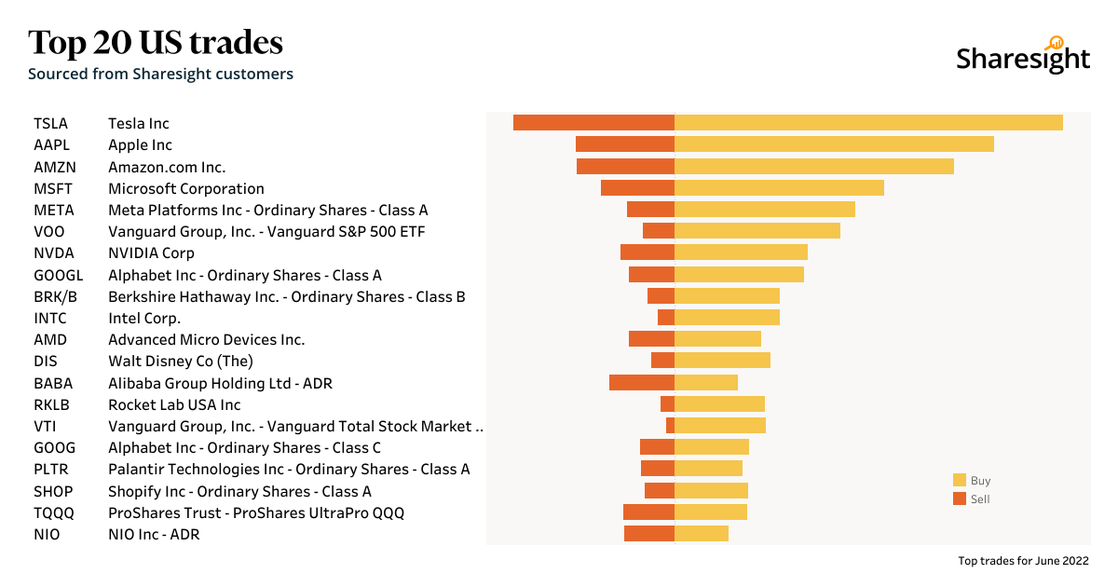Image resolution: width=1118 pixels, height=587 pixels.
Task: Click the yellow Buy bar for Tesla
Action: [x=868, y=123]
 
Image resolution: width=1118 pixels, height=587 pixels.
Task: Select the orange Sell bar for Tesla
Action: [x=593, y=123]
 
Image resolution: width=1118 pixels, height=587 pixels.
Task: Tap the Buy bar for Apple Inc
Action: [x=834, y=144]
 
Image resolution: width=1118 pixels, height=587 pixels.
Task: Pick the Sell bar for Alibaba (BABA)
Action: [x=642, y=383]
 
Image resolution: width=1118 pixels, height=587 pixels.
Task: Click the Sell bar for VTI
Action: [x=670, y=426]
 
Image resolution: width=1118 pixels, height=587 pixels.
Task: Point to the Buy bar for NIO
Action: [x=702, y=534]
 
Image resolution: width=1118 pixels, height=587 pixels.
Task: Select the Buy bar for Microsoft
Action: [x=779, y=188]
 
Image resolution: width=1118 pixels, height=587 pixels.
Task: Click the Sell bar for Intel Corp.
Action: [x=666, y=318]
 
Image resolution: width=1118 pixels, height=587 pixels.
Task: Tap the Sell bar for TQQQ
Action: [x=648, y=512]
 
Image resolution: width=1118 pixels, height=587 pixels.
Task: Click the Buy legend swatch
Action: [x=960, y=481]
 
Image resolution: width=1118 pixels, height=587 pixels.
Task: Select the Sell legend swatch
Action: [x=960, y=498]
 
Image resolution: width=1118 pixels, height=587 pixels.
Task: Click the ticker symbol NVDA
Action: [x=54, y=253]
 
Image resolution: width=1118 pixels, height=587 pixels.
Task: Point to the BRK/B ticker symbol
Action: [x=55, y=296]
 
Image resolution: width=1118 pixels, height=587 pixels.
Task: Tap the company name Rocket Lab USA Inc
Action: [x=174, y=404]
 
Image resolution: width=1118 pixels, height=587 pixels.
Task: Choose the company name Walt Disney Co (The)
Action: [x=181, y=362]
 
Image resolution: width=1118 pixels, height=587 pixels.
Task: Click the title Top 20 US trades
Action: [x=156, y=43]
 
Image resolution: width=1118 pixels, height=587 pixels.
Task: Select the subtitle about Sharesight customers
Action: [x=160, y=74]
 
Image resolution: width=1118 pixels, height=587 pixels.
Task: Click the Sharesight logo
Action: [x=1023, y=56]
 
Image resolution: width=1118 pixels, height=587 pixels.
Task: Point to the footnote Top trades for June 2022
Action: [x=1023, y=561]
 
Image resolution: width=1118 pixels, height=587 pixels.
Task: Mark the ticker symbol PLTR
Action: [x=51, y=470]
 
